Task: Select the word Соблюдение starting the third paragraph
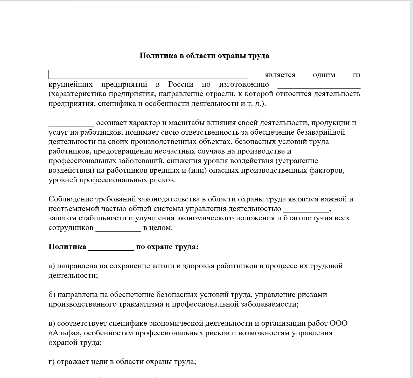tap(71, 199)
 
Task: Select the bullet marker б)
tap(52, 295)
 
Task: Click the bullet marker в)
tap(52, 323)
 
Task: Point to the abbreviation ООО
tap(339, 323)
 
